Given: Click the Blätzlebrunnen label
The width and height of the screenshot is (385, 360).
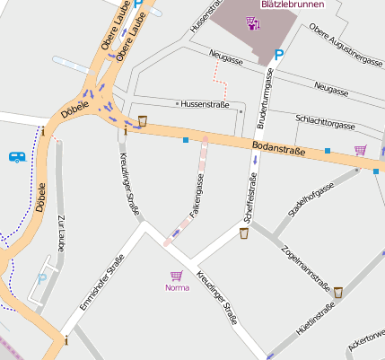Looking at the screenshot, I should click(291, 4).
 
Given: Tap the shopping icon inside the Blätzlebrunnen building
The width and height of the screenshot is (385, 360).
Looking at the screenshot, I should click(254, 23).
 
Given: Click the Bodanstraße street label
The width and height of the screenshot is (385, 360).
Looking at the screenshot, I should click(279, 148).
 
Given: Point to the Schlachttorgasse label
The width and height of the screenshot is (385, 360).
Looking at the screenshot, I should click(325, 123).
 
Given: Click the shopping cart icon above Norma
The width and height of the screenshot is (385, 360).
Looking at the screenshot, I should click(177, 276).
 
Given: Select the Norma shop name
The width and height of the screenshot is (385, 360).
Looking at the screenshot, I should click(177, 288).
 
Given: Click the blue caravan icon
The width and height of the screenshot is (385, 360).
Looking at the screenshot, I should click(16, 157).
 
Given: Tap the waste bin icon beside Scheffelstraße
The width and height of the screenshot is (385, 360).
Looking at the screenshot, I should click(243, 233).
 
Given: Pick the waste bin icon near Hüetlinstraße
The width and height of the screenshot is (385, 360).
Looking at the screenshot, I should click(338, 293).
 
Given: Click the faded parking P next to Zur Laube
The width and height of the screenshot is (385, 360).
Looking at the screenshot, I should click(41, 280).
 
